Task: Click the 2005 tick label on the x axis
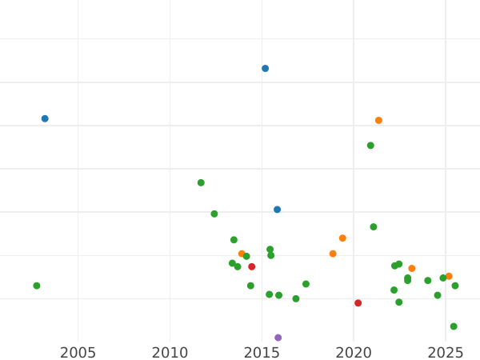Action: tap(78, 353)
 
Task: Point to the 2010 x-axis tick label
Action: tap(170, 353)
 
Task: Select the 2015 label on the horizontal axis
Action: tap(262, 353)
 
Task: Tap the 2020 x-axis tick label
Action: tap(354, 353)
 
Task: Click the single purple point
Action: tap(278, 338)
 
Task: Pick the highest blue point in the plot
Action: tap(266, 69)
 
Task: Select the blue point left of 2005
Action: tap(45, 118)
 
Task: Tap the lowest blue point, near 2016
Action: tap(278, 210)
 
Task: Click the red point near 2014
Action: tap(252, 266)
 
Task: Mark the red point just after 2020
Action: tap(358, 303)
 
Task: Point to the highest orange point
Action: tap(379, 121)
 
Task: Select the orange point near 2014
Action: tap(242, 254)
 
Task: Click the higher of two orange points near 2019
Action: tap(342, 238)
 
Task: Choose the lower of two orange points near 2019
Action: tap(333, 254)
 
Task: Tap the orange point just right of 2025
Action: tap(449, 276)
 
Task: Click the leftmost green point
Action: tap(37, 286)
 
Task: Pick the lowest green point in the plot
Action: tap(454, 326)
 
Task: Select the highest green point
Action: tap(370, 146)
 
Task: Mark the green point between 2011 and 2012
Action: tap(201, 182)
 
